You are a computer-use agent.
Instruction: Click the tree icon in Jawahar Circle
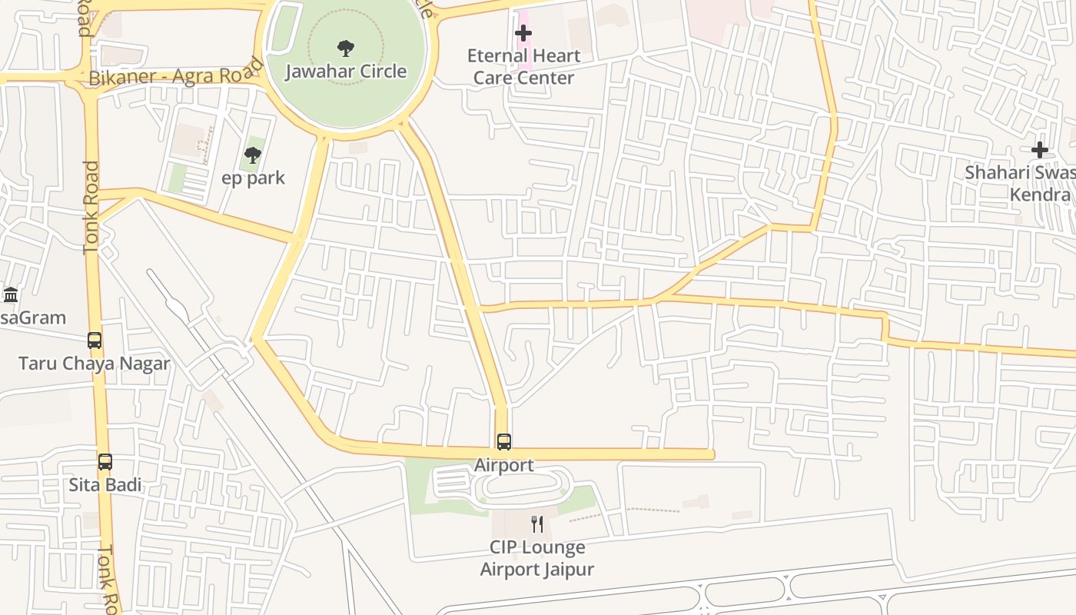coord(346,48)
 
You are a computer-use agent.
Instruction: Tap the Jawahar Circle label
coord(346,71)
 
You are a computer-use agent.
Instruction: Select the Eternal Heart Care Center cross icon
coord(523,33)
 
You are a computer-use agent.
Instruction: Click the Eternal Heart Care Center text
coord(523,67)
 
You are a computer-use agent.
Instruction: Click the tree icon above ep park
coord(252,155)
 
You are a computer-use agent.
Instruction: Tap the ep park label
coord(253,178)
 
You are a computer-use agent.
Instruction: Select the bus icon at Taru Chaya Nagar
coord(95,340)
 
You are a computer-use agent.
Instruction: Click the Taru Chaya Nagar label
coord(94,364)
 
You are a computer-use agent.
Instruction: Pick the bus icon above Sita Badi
coord(105,462)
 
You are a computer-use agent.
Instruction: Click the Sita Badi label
coord(105,486)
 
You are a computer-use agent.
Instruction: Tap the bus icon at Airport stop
coord(504,442)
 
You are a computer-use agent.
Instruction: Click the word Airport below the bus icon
coord(503,465)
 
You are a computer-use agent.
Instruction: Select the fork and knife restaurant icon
coord(537,524)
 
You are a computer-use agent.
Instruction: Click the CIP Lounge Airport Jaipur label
coord(537,559)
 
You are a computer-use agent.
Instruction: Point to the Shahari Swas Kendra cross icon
coord(1040,150)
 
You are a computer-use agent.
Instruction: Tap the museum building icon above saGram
coord(11,294)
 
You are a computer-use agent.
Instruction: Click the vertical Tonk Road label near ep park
coord(91,208)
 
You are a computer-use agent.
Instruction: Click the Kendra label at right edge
coord(1040,194)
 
